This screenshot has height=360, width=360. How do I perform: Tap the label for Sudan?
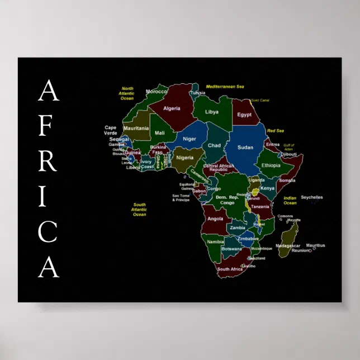pos(245,147)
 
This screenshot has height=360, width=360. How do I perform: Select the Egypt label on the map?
pos(244,115)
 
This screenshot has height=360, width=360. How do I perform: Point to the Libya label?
pos(212,112)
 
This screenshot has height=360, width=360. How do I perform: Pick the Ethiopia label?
pos(271,165)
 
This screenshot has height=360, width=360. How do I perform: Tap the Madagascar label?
pos(288,245)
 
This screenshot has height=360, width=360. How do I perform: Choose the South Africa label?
pos(230,269)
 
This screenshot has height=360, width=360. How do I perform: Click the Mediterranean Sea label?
pos(225,87)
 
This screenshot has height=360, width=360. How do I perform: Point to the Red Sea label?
pos(276,131)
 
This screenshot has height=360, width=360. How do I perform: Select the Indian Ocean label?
pos(290,200)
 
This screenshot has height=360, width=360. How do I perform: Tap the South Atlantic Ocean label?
pos(139,210)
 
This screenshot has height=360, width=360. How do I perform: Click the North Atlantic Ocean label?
pos(127,93)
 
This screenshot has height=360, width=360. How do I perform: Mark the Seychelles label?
pos(312,197)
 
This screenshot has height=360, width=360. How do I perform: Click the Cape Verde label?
pos(111,130)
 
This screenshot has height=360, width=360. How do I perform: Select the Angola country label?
pos(215,219)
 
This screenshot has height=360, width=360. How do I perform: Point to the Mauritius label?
pos(315,245)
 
